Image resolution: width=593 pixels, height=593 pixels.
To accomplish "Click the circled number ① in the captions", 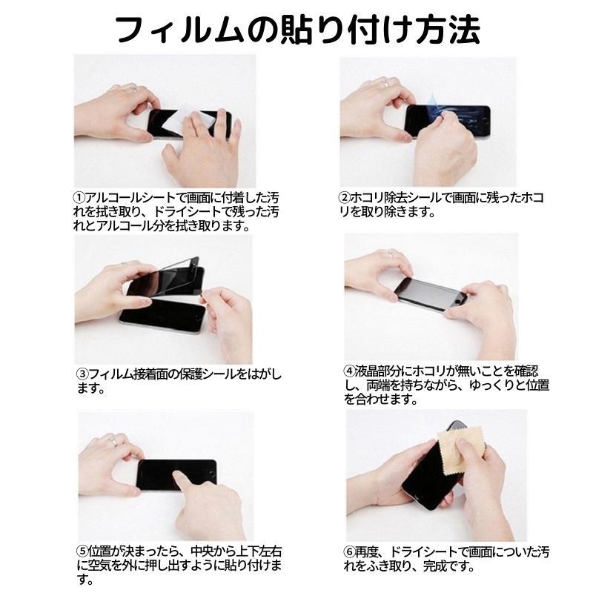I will tap(79, 199).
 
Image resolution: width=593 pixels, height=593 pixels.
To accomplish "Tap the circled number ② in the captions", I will tap(345, 199).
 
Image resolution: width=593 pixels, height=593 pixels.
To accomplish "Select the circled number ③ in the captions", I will tap(82, 374).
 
